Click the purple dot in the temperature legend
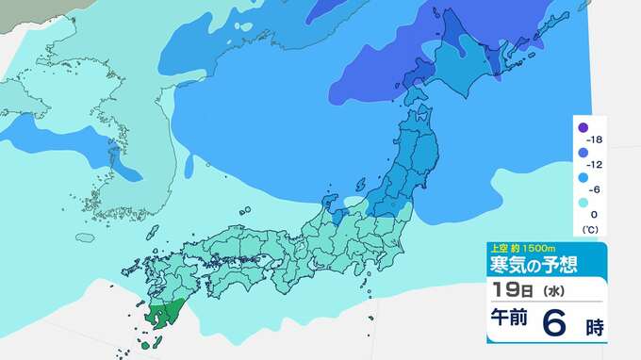tap(583, 128)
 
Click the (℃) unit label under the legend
tap(588, 229)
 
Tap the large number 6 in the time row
tap(556, 324)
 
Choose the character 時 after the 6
tap(593, 327)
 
